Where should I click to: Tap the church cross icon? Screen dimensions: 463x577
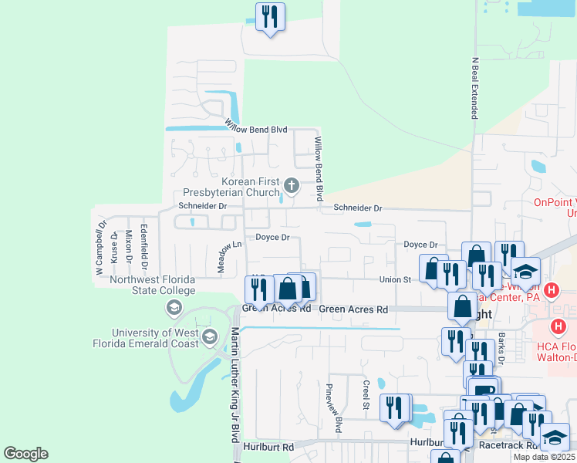click(291, 184)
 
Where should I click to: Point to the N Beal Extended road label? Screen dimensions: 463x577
click(475, 86)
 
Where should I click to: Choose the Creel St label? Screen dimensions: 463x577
click(366, 394)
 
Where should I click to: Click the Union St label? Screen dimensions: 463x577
click(395, 279)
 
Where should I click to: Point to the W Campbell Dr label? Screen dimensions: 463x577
click(100, 248)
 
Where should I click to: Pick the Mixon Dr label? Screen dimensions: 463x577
click(129, 246)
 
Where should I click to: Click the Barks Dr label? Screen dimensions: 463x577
click(501, 347)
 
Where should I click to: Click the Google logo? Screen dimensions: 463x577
click(25, 454)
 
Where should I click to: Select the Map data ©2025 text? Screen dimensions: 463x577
click(542, 457)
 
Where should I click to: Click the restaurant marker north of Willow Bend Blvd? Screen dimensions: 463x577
click(270, 17)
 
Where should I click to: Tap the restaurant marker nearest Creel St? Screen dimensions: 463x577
click(395, 409)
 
